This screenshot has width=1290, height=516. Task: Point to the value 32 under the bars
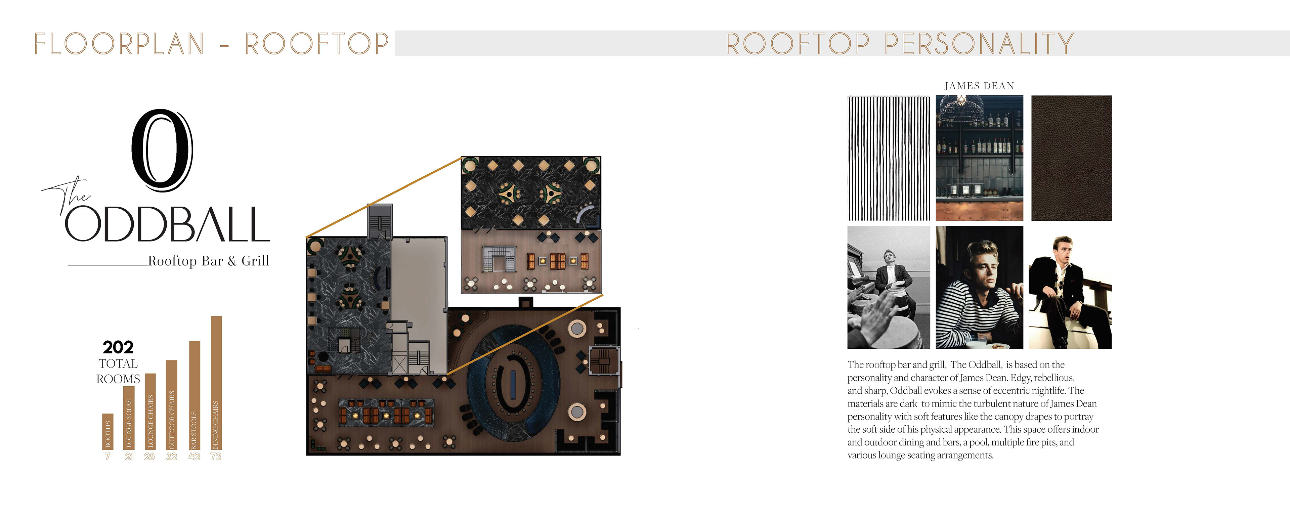coord(172,457)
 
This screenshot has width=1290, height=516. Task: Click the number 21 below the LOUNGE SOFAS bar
coord(129,457)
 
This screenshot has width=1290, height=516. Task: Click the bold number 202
coord(118,347)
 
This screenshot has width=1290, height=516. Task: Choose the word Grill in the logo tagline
coord(255,261)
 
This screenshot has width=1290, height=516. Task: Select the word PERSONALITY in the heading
coord(979,44)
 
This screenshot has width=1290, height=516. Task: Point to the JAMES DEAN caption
coord(979,86)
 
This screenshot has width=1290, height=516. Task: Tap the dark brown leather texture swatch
coord(1071,158)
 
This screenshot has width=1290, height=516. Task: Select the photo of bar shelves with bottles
coord(980,158)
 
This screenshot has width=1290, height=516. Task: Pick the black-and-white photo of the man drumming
coord(888,288)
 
